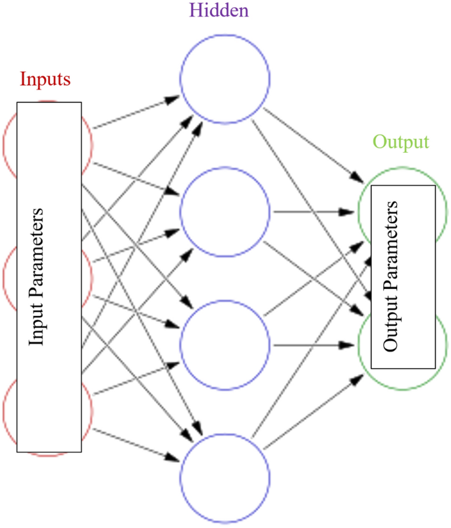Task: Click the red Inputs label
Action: point(45,79)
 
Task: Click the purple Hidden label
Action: point(219,11)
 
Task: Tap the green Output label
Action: point(400,142)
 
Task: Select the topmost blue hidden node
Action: point(225,78)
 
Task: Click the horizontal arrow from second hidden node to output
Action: point(313,212)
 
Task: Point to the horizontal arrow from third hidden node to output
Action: point(313,344)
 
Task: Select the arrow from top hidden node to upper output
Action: point(313,145)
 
